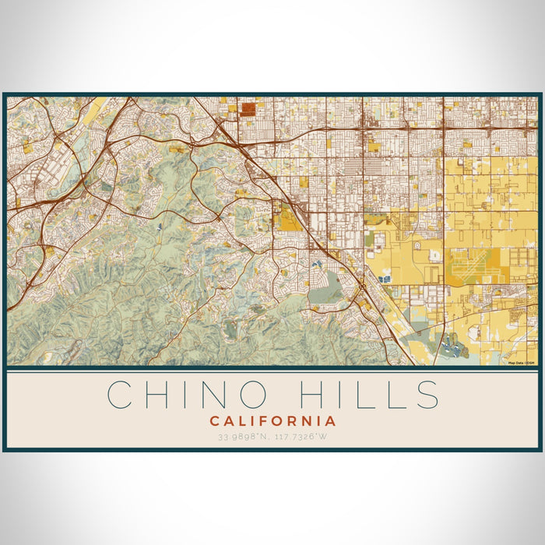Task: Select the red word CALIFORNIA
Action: [272, 421]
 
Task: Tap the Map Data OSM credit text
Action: [522, 363]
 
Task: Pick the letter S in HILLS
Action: [427, 394]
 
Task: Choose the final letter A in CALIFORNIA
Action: [331, 421]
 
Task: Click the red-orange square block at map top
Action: [248, 109]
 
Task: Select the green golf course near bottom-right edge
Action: [452, 348]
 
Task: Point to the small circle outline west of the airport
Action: [417, 246]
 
